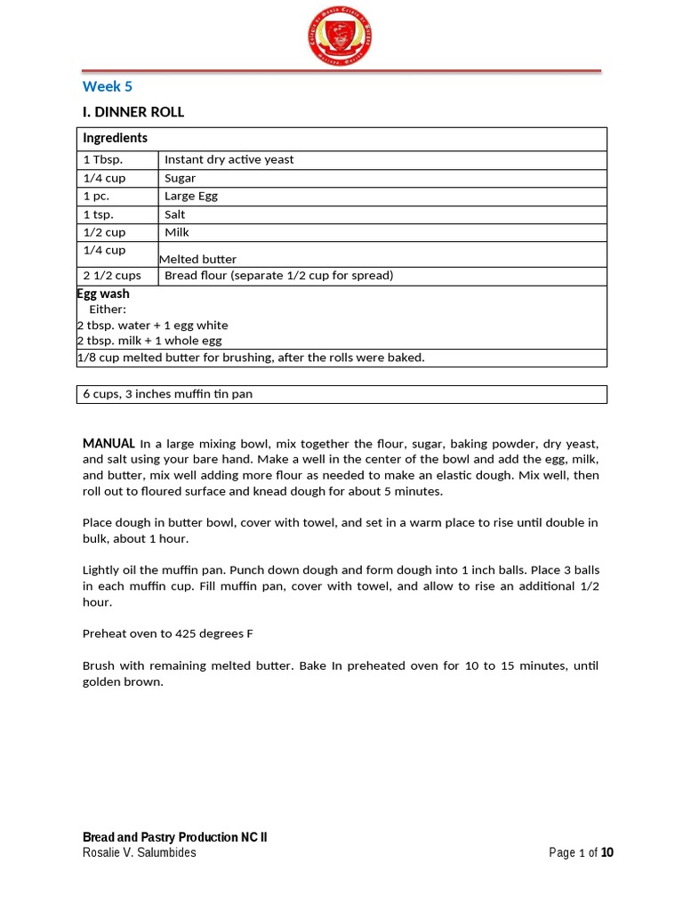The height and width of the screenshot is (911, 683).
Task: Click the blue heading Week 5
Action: pyautogui.click(x=107, y=86)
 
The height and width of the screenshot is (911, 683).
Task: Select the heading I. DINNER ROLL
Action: pyautogui.click(x=133, y=112)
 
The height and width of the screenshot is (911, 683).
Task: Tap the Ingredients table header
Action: pyautogui.click(x=115, y=138)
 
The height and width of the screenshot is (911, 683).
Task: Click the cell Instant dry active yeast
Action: pyautogui.click(x=229, y=160)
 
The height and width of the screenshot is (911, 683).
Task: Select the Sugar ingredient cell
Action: pyautogui.click(x=180, y=178)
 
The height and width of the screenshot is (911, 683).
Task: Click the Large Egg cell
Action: pyautogui.click(x=190, y=196)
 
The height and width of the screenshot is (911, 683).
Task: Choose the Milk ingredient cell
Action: pyautogui.click(x=177, y=232)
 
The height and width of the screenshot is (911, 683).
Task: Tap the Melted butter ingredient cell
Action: pyautogui.click(x=197, y=259)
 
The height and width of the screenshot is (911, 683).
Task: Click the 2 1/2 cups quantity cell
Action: pyautogui.click(x=111, y=276)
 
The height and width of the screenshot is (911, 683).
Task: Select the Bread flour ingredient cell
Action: pyautogui.click(x=278, y=276)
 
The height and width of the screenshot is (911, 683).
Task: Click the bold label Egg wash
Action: pyautogui.click(x=103, y=294)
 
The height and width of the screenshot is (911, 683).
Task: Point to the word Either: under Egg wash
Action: pyautogui.click(x=108, y=310)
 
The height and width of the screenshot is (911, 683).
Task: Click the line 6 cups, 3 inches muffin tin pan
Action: pyautogui.click(x=167, y=394)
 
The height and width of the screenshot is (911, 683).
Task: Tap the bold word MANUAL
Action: pyautogui.click(x=108, y=443)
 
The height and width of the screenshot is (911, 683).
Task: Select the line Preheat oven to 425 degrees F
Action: pyautogui.click(x=169, y=633)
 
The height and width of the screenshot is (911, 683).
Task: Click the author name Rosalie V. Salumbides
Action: pyautogui.click(x=139, y=852)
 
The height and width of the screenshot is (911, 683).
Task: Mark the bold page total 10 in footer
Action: pyautogui.click(x=607, y=852)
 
